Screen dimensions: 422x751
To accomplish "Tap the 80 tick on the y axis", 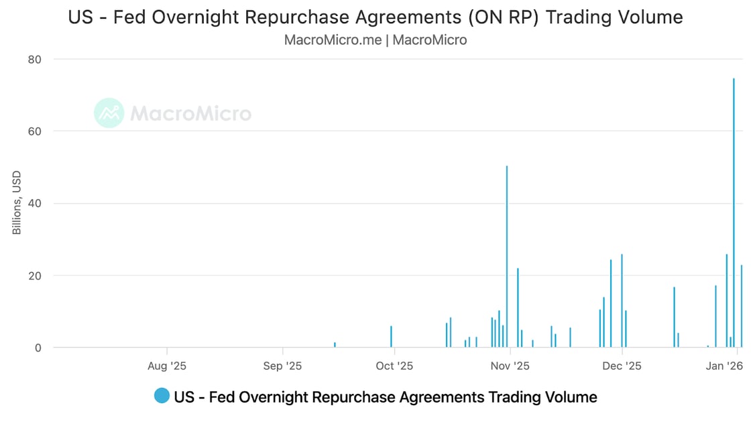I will click(35, 60).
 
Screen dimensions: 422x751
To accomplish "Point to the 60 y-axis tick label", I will click(35, 131).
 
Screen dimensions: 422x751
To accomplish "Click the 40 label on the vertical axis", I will click(35, 204).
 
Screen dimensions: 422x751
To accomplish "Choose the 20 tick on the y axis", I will click(35, 276).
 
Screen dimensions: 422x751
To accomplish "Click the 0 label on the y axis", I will click(38, 348).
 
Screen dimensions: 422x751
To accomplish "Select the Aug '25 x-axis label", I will click(166, 366).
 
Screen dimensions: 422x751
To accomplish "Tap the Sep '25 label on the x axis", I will click(282, 366).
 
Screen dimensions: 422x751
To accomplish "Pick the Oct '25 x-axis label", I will click(394, 366).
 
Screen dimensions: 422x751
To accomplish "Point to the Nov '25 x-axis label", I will click(510, 366).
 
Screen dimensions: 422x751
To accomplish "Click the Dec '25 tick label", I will click(622, 366).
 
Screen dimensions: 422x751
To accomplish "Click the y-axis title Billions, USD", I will click(17, 202).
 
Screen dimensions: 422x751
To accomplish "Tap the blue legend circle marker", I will click(162, 397).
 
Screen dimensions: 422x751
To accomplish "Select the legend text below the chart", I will click(385, 397).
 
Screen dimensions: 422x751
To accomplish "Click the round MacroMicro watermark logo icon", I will click(109, 113).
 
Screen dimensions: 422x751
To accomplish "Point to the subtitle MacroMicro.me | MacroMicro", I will click(375, 40).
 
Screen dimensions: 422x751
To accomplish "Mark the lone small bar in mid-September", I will click(335, 345).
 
